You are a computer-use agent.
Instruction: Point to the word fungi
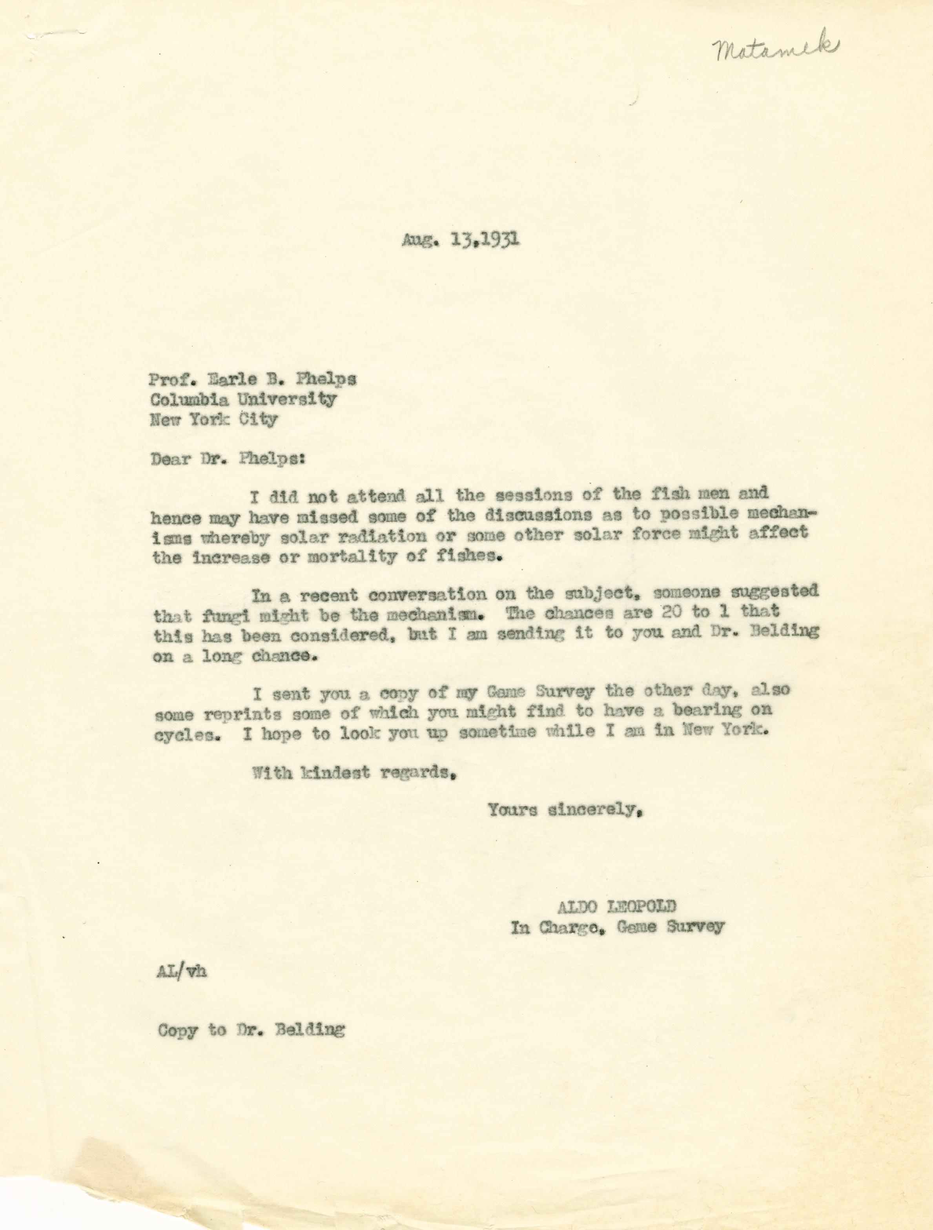(x=212, y=616)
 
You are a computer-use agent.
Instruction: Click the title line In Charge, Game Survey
(x=617, y=927)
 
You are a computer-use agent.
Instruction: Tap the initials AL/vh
(x=182, y=973)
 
